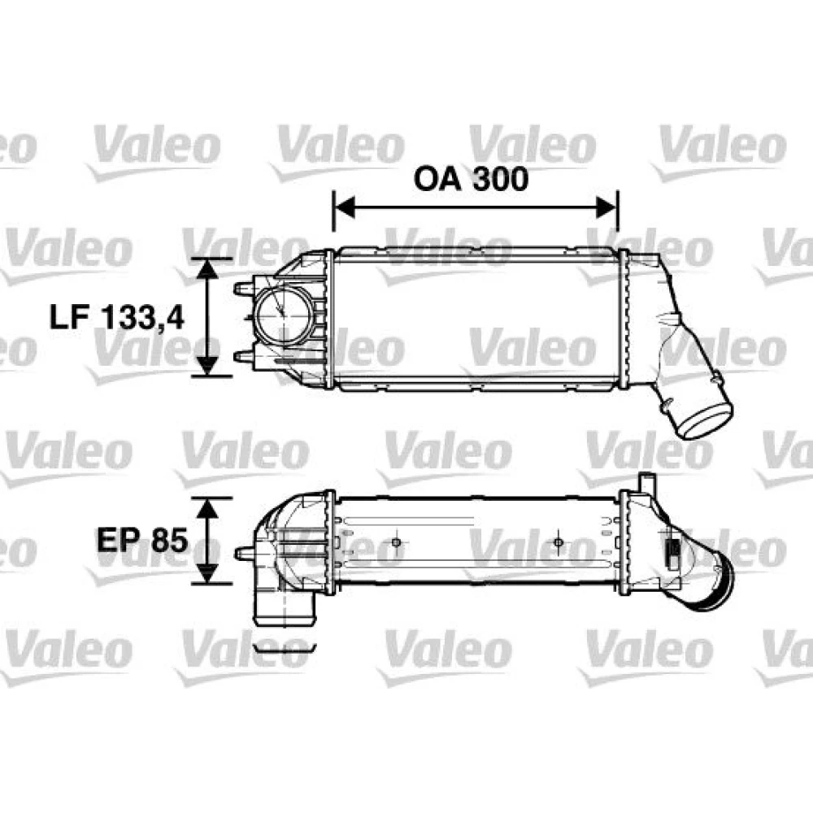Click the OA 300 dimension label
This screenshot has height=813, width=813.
pyautogui.click(x=471, y=178)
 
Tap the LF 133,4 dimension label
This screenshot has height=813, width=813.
pyautogui.click(x=116, y=316)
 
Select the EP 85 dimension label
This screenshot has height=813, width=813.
pyautogui.click(x=141, y=541)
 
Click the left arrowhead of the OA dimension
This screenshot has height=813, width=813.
pyautogui.click(x=344, y=208)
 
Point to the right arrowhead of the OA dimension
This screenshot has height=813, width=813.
pyautogui.click(x=606, y=208)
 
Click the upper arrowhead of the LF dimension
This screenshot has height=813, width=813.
pyautogui.click(x=207, y=268)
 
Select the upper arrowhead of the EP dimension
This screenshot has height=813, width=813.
pyautogui.click(x=207, y=509)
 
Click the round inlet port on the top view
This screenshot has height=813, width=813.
pyautogui.click(x=283, y=315)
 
